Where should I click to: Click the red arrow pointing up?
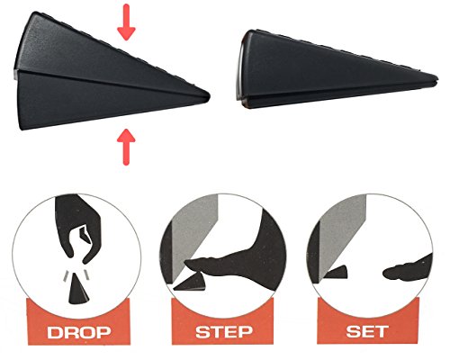pyautogui.click(x=126, y=141)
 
